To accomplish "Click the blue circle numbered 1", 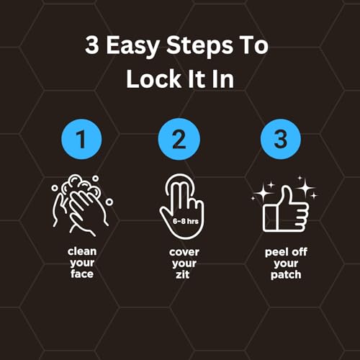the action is (81, 140).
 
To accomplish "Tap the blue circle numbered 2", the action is (179, 140).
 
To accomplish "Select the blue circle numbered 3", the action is (281, 140).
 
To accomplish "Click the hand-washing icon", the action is (82, 205).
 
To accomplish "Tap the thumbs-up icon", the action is (284, 209).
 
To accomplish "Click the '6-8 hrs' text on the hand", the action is (186, 221).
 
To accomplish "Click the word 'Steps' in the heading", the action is (199, 46).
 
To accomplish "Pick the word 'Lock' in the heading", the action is (153, 79).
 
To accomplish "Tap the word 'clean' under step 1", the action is (82, 251).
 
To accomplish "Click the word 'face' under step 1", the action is (82, 274).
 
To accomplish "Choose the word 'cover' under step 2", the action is (184, 252).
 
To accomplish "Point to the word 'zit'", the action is (183, 274).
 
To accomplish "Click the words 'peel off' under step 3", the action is (286, 252).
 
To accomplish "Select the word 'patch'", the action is (286, 275).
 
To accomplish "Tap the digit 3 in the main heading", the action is (92, 45).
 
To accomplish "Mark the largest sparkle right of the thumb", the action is (305, 188).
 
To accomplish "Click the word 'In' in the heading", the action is (222, 79).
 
